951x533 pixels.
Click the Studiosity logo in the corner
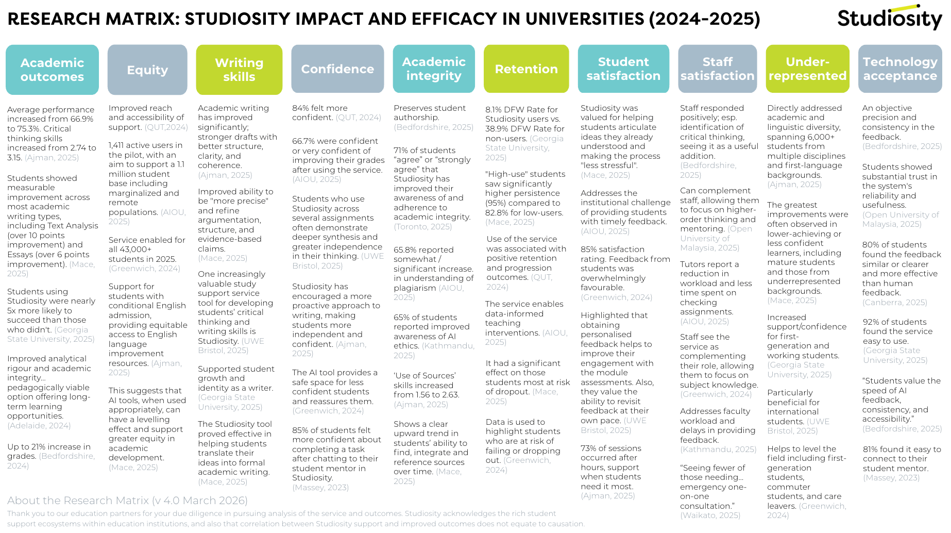pyautogui.click(x=889, y=18)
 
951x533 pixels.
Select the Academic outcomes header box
pyautogui.click(x=52, y=70)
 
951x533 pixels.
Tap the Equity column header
pyautogui.click(x=147, y=70)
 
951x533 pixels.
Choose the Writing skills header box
pyautogui.click(x=239, y=70)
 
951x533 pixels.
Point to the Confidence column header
pyautogui.click(x=337, y=69)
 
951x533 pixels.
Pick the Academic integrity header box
pyautogui.click(x=434, y=69)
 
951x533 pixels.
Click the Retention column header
pyautogui.click(x=526, y=69)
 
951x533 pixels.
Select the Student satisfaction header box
pyautogui.click(x=623, y=69)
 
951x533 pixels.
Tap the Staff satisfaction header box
pyautogui.click(x=717, y=69)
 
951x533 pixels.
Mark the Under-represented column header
pyautogui.click(x=807, y=69)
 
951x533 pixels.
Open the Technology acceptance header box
pyautogui.click(x=900, y=69)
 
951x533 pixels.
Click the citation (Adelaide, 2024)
pyautogui.click(x=39, y=426)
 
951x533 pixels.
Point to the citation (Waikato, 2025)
pyautogui.click(x=710, y=515)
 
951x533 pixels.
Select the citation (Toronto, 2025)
pyautogui.click(x=423, y=227)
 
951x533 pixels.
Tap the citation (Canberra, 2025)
pyautogui.click(x=895, y=303)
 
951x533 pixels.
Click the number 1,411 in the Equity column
pyautogui.click(x=116, y=145)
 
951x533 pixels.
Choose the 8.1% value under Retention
pyautogui.click(x=494, y=110)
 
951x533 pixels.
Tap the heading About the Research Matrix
pyautogui.click(x=127, y=501)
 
